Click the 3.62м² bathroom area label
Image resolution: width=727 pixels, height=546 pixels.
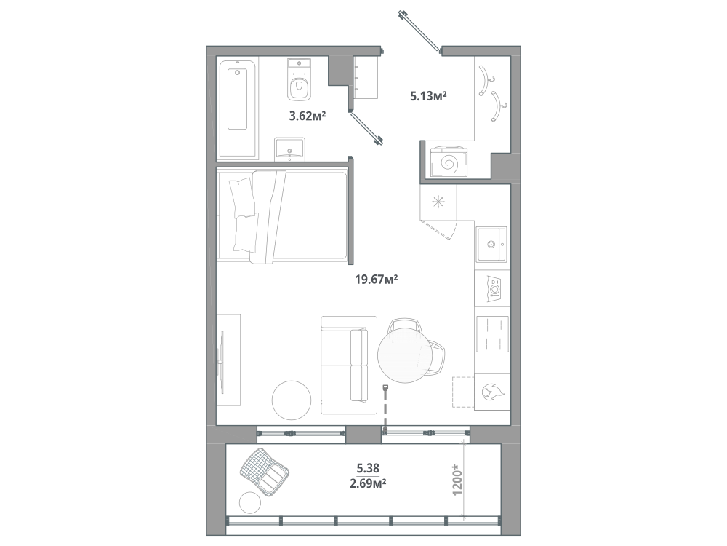308,116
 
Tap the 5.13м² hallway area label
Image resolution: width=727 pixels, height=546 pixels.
428,96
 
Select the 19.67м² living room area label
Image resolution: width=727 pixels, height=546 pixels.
377,280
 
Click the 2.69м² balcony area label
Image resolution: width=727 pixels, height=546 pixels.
369,484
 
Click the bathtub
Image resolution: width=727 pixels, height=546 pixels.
238,110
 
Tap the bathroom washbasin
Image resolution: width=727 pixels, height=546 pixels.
290,149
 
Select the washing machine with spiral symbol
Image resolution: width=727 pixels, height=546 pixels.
448,162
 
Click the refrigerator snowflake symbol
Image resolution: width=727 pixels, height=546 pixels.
438,202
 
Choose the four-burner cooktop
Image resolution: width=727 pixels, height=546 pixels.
492,334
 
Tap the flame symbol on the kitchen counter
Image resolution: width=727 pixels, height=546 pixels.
492,392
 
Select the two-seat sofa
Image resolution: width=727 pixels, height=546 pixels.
349,365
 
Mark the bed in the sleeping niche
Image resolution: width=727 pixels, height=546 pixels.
283,217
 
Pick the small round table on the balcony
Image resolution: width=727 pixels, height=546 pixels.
251,503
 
